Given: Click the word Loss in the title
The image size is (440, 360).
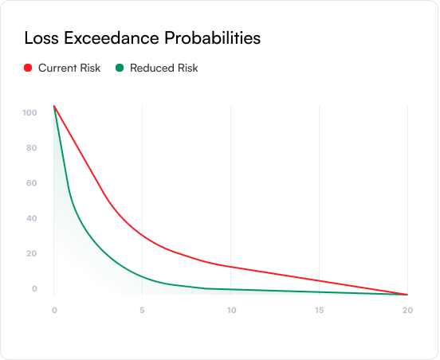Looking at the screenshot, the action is (41, 38).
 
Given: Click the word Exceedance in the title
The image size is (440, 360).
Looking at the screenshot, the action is (112, 38).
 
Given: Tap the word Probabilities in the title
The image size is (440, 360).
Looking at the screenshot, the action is (212, 38).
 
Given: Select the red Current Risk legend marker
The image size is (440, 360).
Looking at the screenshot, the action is (28, 68).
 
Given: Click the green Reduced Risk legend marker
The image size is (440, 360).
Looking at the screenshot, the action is (120, 68).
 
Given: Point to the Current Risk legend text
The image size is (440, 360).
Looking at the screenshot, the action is (69, 68).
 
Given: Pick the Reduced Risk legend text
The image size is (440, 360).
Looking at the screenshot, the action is (164, 68).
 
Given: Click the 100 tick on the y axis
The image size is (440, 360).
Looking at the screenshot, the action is (29, 113).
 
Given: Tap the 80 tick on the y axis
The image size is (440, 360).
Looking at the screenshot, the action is (32, 148).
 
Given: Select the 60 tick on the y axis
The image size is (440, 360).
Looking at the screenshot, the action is (32, 183).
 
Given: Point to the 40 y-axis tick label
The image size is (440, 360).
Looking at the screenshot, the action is (32, 218).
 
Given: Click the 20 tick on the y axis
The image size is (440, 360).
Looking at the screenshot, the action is (32, 253).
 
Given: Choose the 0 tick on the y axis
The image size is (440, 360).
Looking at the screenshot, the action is (34, 288).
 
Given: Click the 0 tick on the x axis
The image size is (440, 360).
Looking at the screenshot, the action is (54, 310).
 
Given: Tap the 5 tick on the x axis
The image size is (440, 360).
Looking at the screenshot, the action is (142, 310).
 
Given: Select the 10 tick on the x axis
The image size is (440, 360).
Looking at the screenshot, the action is (231, 310).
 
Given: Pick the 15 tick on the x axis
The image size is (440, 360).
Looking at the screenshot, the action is (320, 310).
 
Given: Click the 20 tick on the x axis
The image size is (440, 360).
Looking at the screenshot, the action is (408, 310).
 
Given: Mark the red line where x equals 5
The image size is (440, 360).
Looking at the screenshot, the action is (142, 235).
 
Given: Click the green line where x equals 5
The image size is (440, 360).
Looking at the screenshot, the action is (142, 277).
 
